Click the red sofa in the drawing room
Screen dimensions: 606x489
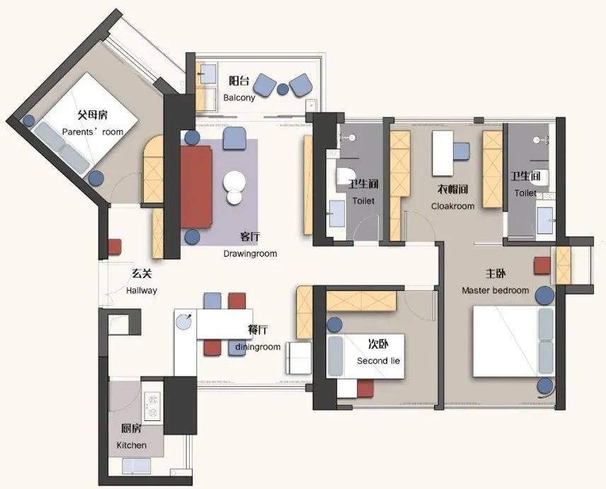coord(196,187)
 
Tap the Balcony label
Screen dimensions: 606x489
coord(239,98)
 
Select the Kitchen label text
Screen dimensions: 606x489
coord(132,445)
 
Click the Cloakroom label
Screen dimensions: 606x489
coord(452,206)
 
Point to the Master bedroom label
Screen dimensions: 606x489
coord(495,290)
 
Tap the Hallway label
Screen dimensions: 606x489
coord(142,290)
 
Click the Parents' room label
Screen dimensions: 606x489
coord(92,132)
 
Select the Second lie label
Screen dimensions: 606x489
coord(378,361)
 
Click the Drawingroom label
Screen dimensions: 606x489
coord(250,254)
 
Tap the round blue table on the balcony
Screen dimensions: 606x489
coord(283,89)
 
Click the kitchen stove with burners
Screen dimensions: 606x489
coord(152,406)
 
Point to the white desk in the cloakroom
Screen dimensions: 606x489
coord(442,154)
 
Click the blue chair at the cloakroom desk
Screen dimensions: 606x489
coord(462,151)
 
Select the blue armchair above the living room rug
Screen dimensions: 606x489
coord(234,138)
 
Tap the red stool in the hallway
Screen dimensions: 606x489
coord(115,247)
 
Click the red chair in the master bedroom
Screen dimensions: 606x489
coord(542,266)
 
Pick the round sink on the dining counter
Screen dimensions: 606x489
coord(183,322)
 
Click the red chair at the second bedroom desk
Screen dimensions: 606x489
coord(365,389)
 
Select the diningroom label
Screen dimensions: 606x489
coord(258,347)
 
